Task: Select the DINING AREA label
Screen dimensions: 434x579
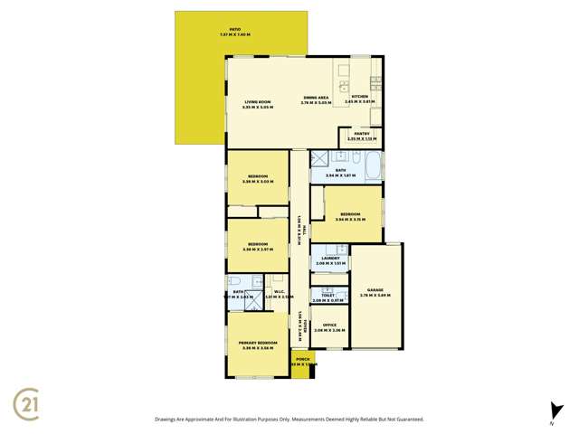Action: (316, 98)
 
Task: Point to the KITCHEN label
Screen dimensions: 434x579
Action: (359, 97)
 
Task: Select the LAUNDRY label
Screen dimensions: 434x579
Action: (330, 258)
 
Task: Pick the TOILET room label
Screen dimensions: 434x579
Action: (328, 295)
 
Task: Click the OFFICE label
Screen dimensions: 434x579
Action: (329, 325)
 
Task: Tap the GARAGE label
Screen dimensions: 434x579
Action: (375, 290)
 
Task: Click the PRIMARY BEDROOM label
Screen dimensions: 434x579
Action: (258, 343)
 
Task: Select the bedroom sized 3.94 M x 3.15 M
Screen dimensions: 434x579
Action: (347, 214)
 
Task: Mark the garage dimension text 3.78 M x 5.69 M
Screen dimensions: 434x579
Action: (375, 295)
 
